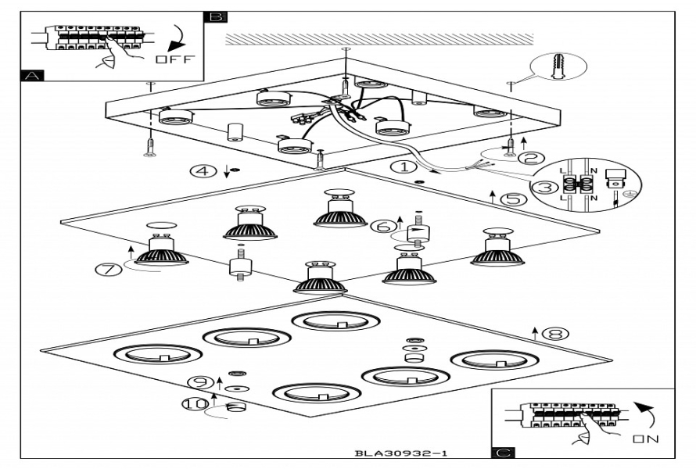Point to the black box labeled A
click(x=32, y=76)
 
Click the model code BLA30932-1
click(x=401, y=453)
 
